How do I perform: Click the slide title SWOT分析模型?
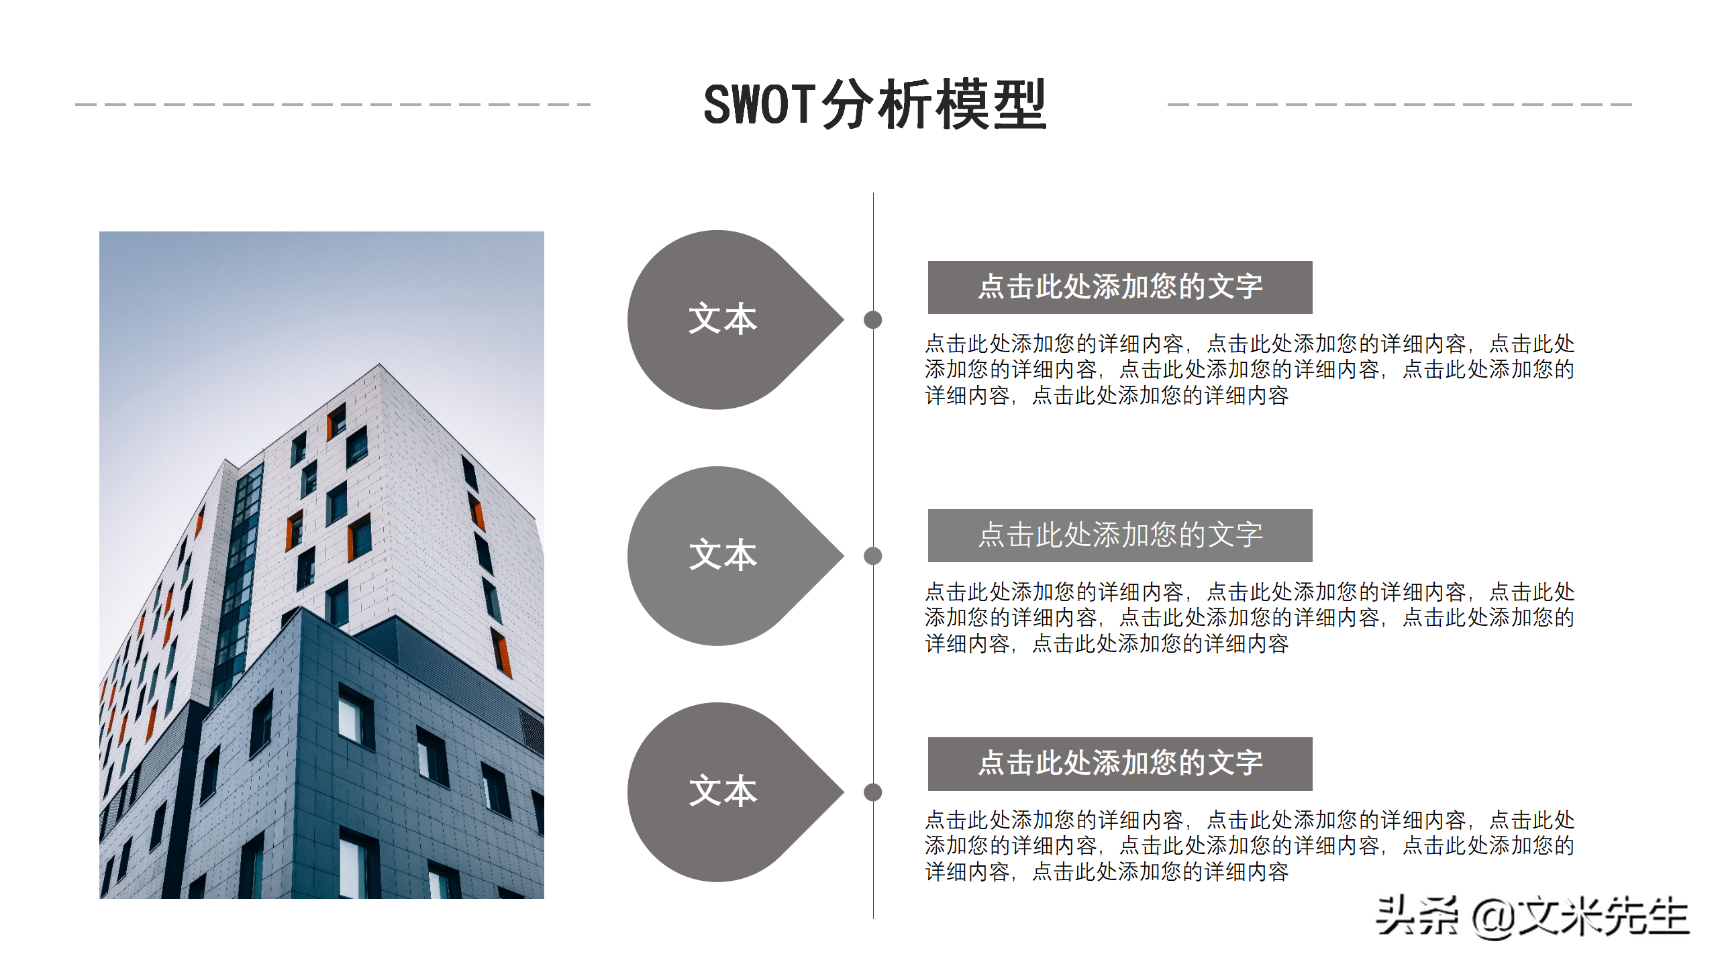(x=874, y=105)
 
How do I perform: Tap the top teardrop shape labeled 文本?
(x=722, y=319)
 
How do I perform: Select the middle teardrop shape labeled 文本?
(x=722, y=555)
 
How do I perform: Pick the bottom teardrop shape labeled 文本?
(x=722, y=792)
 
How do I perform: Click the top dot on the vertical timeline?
(x=872, y=320)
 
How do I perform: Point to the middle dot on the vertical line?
(x=872, y=555)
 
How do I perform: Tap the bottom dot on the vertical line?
(x=872, y=792)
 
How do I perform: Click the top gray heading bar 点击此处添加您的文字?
(x=1119, y=287)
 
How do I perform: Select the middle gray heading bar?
(x=1119, y=535)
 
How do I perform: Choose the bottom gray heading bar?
(x=1119, y=763)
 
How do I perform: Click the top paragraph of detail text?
(x=1248, y=370)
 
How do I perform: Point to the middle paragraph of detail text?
(x=1248, y=618)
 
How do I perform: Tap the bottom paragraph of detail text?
(x=1248, y=846)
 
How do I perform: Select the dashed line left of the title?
(x=333, y=105)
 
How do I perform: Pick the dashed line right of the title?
(x=1399, y=105)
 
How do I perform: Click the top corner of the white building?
(x=379, y=365)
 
